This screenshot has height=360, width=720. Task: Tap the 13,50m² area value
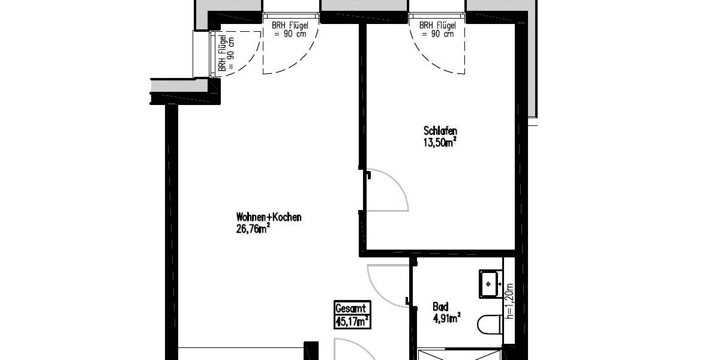click(440, 142)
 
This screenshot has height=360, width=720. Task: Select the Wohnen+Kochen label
click(269, 217)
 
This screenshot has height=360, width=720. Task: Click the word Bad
click(440, 307)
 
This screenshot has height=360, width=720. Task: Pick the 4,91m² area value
click(446, 317)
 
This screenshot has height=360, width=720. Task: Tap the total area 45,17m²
click(352, 321)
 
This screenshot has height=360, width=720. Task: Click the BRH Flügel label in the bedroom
click(437, 30)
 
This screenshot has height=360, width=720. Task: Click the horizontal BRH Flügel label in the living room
click(290, 30)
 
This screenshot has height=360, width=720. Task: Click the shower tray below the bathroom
click(459, 354)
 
